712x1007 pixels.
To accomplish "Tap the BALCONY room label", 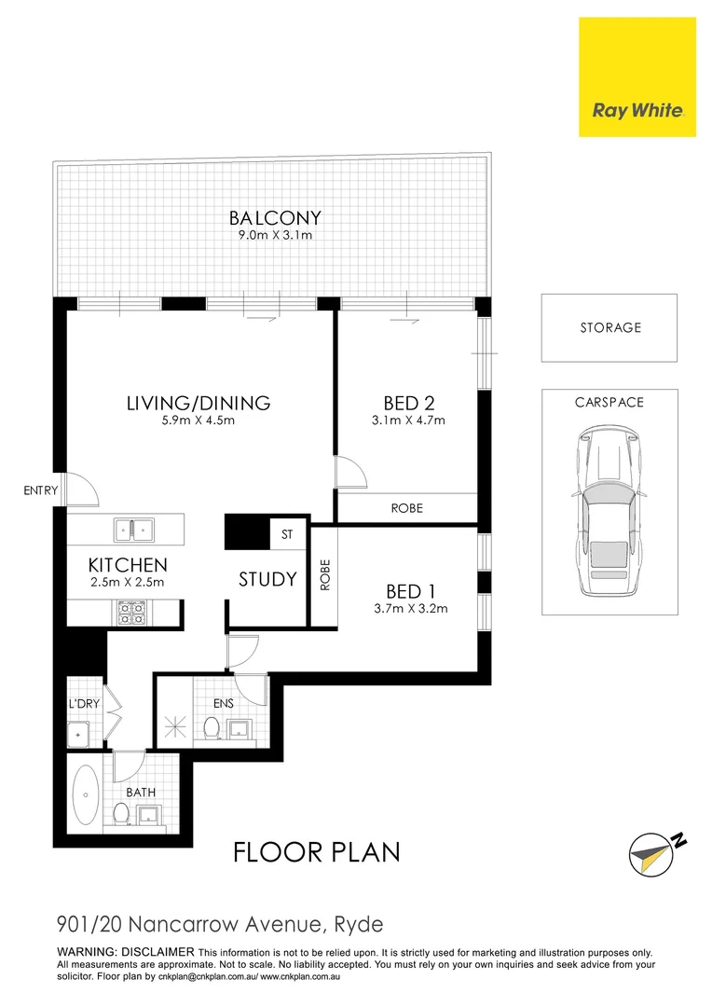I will (275, 218).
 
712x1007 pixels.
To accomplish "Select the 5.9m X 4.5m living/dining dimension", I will (199, 421).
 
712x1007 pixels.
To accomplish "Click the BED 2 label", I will (410, 403).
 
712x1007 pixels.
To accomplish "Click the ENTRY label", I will (41, 490).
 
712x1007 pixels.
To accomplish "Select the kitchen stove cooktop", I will (130, 612).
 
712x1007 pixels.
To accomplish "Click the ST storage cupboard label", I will (287, 535).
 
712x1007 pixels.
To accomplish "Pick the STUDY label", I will (267, 579).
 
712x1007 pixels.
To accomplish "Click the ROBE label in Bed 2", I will (407, 508).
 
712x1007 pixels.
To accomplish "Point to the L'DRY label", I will (84, 704).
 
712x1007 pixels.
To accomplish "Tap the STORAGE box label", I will (609, 327).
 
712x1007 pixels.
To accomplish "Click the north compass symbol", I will (654, 849).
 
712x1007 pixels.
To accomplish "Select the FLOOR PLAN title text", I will (316, 852).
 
